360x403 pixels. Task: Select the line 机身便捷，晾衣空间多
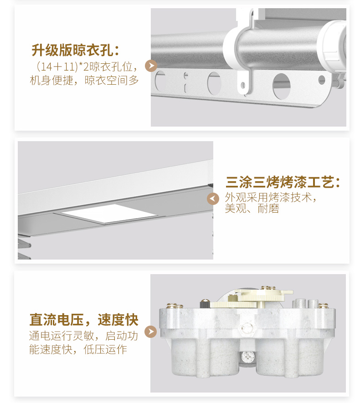pyautogui.click(x=84, y=81)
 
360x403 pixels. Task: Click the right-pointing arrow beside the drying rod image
pyautogui.click(x=151, y=66)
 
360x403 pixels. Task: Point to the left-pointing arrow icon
pyautogui.click(x=213, y=199)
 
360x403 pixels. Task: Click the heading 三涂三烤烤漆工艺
pyautogui.click(x=283, y=182)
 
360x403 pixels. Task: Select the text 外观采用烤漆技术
pyautogui.click(x=270, y=198)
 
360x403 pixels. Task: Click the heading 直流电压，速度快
pyautogui.click(x=84, y=320)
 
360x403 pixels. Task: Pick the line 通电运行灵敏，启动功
pyautogui.click(x=84, y=336)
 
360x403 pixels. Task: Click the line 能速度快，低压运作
pyautogui.click(x=78, y=350)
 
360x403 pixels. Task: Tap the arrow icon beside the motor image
pyautogui.click(x=150, y=332)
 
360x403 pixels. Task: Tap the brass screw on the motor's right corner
pyautogui.click(x=323, y=306)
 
